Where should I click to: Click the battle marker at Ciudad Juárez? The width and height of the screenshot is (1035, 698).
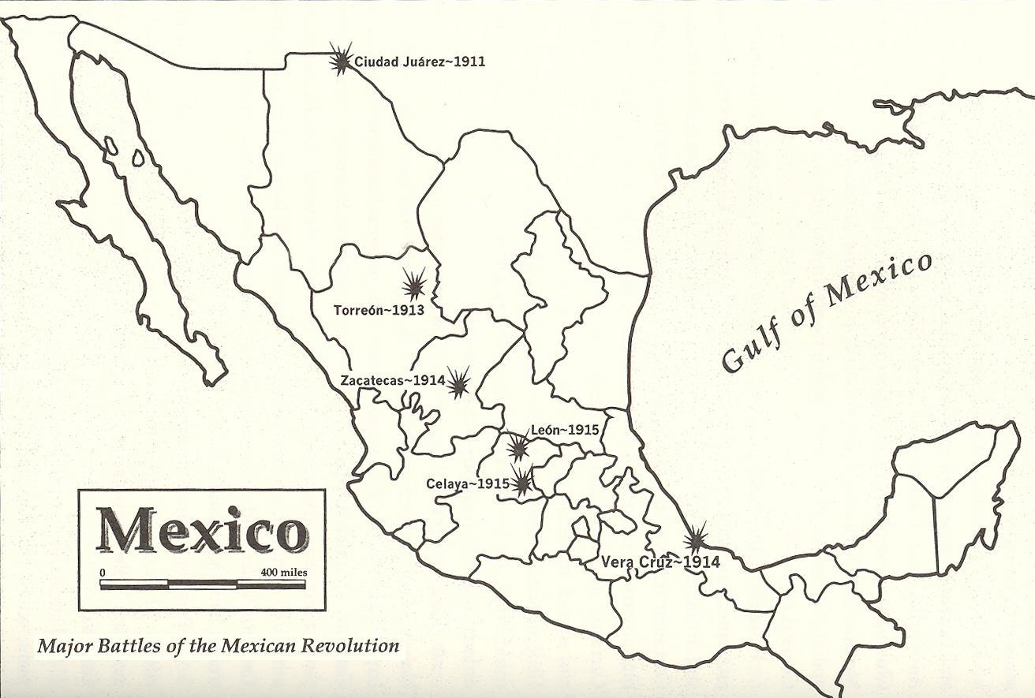(x=341, y=58)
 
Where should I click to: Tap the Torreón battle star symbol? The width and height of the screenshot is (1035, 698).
(x=413, y=284)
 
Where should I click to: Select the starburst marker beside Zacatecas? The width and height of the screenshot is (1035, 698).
(x=458, y=382)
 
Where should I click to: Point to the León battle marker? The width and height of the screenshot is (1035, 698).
(x=518, y=447)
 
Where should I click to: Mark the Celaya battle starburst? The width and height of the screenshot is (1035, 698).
(x=521, y=480)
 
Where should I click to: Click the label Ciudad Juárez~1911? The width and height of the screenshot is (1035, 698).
(x=420, y=62)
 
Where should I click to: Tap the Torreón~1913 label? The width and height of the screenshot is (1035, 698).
(x=379, y=310)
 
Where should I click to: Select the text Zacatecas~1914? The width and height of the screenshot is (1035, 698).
(x=393, y=380)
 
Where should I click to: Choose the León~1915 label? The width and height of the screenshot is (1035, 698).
(x=565, y=430)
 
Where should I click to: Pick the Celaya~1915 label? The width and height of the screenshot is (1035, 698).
(x=468, y=483)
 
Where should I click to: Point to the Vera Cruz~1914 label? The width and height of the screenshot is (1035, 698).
(x=660, y=562)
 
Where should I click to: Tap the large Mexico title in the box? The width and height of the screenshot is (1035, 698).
(x=201, y=529)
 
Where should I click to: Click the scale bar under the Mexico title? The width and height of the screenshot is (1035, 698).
(x=203, y=584)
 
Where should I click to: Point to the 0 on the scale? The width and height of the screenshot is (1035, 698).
(x=103, y=572)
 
